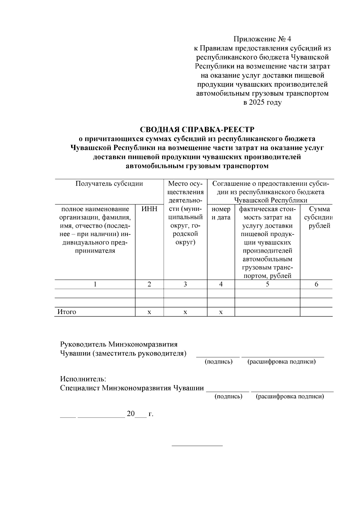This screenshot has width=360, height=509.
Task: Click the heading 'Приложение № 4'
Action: coord(262,39)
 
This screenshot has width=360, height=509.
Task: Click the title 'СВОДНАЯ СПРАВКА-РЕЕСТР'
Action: coord(197,130)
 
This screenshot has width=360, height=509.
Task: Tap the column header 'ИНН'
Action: coord(149,209)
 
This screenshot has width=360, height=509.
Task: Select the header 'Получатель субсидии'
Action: coord(109,184)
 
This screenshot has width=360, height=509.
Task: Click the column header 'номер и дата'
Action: coord(221,213)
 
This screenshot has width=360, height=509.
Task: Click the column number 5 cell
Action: coord(267,284)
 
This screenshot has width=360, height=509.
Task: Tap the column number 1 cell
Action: coord(95,284)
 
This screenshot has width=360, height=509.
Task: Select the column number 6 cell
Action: coord(316,284)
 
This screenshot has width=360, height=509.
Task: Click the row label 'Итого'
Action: coord(67,312)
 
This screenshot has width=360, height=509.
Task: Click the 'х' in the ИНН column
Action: coord(149,312)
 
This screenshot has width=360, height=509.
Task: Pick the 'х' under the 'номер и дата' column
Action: coord(221,312)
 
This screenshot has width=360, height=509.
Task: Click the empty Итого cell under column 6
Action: coord(316,312)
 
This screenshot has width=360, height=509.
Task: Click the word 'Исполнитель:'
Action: coord(83,379)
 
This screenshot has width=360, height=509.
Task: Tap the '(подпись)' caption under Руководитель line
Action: coord(218,362)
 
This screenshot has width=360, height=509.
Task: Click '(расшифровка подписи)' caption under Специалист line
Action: coord(289,397)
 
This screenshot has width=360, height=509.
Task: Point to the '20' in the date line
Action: coord(131,414)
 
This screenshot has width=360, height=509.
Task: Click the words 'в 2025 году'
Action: coord(262,103)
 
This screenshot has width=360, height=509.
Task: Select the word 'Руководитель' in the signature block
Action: coord(83,344)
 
